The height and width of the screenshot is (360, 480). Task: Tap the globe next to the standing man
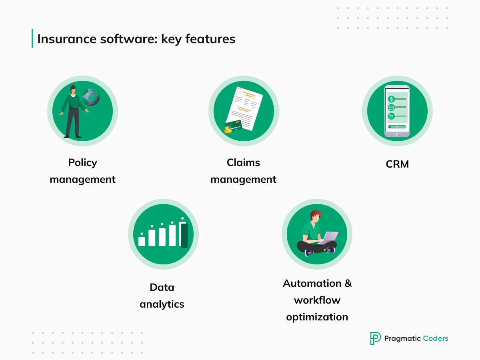(x=91, y=97)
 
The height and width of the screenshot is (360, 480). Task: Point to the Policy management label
(x=82, y=171)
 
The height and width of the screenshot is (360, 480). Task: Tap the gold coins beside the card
(x=228, y=129)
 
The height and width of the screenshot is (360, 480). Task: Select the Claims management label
(x=243, y=171)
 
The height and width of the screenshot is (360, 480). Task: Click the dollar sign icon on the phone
(x=392, y=99)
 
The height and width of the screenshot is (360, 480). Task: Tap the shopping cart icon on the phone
(x=392, y=116)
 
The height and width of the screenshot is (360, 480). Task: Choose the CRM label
(x=397, y=164)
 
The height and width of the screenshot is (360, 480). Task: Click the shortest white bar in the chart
(x=142, y=241)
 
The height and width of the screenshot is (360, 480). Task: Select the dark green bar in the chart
(x=184, y=235)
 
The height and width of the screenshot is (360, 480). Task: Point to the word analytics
(x=162, y=304)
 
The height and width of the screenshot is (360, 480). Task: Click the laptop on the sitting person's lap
(x=329, y=237)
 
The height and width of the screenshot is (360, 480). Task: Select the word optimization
(x=317, y=317)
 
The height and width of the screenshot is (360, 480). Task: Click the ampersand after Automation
(x=348, y=283)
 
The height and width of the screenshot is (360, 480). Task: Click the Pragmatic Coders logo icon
(x=375, y=338)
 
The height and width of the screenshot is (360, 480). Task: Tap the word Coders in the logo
(x=436, y=338)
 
